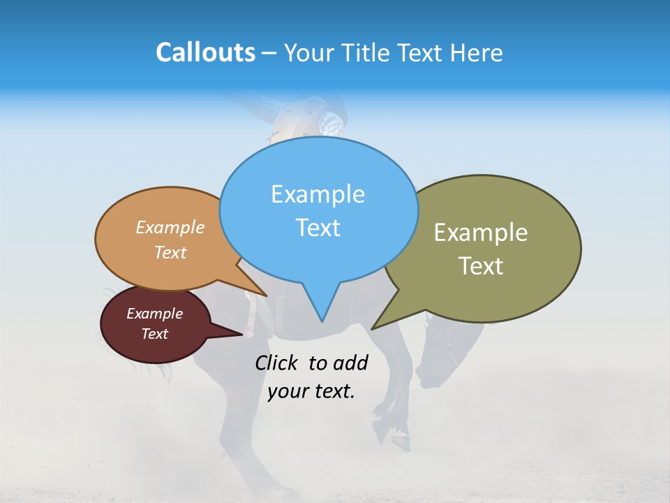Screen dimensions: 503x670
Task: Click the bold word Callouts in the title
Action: point(205,52)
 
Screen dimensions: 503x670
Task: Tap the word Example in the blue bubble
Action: point(318,194)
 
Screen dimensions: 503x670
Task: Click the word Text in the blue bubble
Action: point(318,228)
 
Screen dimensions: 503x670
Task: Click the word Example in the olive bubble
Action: point(481,233)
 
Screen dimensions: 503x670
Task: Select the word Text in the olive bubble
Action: point(481,266)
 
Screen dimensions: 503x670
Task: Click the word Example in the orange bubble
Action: point(170,228)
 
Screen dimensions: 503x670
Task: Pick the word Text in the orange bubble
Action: point(170,253)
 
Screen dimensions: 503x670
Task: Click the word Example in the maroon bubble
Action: point(154,314)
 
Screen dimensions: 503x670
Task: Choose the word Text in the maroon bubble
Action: point(154,334)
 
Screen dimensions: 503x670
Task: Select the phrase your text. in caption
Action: point(311,391)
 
